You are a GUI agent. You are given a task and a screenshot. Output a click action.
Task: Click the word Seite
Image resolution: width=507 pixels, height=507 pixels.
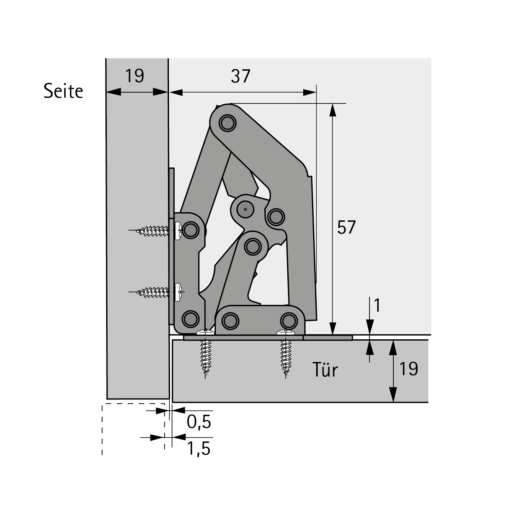[63, 91]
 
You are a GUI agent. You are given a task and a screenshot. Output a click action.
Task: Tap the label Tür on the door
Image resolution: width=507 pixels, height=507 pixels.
[325, 370]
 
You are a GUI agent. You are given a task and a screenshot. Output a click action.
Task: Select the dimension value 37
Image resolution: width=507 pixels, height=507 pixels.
[241, 76]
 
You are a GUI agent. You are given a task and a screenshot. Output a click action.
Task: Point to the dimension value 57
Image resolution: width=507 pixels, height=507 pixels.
[346, 227]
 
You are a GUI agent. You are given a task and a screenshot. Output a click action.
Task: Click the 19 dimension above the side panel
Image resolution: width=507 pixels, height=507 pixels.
[135, 76]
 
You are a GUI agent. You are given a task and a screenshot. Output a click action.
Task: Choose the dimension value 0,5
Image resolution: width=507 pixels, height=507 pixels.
[199, 422]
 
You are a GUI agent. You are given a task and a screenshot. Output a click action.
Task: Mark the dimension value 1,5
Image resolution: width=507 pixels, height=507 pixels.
[199, 449]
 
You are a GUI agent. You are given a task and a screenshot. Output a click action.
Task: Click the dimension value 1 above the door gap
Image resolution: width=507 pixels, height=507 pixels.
[377, 305]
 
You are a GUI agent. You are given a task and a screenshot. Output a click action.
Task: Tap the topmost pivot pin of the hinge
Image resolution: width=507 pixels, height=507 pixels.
[227, 123]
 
